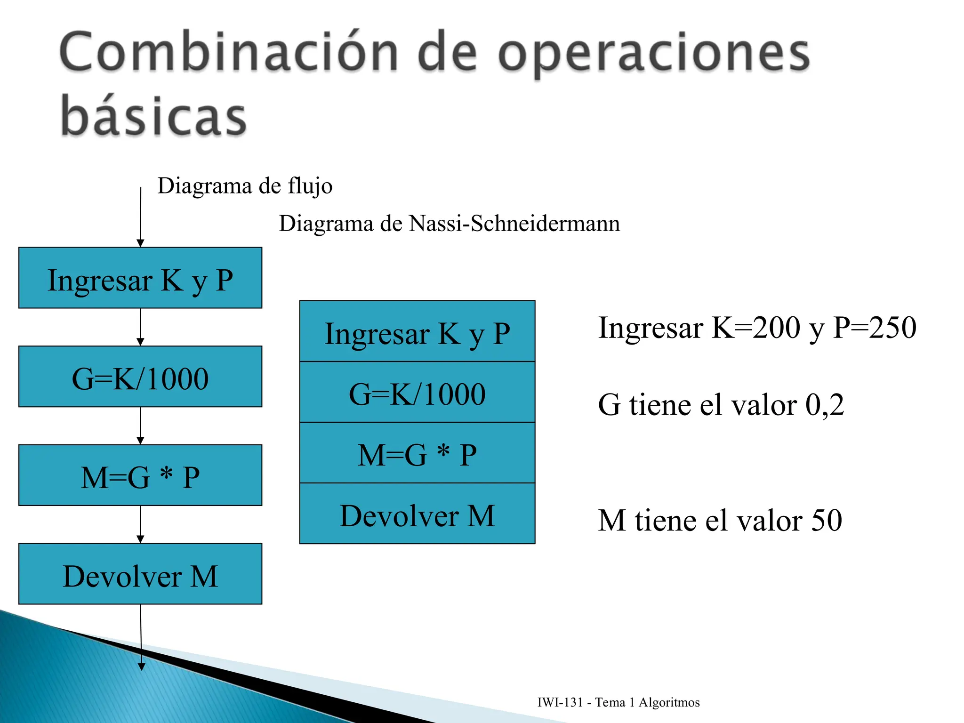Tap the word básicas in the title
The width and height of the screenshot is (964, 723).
[x=153, y=115]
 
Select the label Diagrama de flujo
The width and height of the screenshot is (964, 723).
[x=245, y=185]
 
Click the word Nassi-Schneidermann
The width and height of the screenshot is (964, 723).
[x=514, y=223]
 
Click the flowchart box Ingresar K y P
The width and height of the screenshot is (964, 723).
[x=140, y=278]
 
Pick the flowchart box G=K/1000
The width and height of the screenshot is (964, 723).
[x=140, y=377]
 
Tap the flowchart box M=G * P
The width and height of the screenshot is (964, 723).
[x=140, y=475]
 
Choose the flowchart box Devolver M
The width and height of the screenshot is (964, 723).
[x=140, y=574]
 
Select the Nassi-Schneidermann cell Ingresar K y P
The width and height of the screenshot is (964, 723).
[x=417, y=332]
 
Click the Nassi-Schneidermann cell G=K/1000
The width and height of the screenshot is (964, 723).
[x=417, y=393]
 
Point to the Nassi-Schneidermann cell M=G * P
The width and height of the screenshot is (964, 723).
[x=417, y=453]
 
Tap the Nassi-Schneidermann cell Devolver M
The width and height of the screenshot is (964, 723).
[x=417, y=514]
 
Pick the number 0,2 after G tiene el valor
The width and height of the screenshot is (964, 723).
[x=825, y=404]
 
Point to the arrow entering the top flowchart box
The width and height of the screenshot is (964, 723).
[x=140, y=217]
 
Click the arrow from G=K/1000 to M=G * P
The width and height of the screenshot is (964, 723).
[x=140, y=426]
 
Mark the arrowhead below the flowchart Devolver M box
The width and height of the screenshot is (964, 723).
[x=141, y=666]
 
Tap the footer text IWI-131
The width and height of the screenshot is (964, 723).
[x=560, y=702]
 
